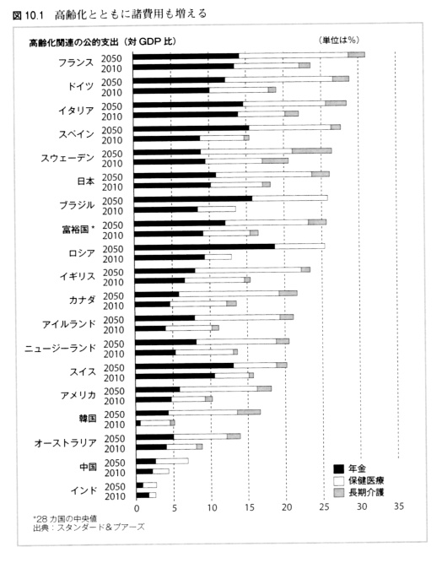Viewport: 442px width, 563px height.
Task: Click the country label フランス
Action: (x=76, y=62)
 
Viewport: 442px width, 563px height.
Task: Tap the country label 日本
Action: (x=86, y=181)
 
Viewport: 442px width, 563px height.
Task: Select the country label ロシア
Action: (x=82, y=253)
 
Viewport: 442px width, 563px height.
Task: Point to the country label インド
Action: (x=84, y=490)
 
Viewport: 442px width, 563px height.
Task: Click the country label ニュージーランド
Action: (x=60, y=349)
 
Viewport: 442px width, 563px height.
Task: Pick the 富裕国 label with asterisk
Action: (x=78, y=230)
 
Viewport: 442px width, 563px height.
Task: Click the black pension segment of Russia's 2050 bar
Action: (x=205, y=246)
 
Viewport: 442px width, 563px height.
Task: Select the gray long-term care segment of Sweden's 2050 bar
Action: (x=311, y=151)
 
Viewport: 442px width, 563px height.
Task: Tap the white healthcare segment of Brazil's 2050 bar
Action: (x=289, y=198)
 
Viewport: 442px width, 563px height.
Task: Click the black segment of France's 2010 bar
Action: (x=183, y=66)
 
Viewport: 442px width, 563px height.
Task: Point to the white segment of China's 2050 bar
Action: (x=172, y=461)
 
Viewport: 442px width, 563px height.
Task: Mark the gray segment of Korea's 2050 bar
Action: (x=249, y=412)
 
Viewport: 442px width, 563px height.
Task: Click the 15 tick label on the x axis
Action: (x=250, y=507)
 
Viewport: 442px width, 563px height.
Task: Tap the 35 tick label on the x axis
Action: (x=399, y=506)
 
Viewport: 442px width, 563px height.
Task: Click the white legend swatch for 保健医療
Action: (x=339, y=481)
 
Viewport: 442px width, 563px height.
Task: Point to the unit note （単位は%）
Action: (x=339, y=40)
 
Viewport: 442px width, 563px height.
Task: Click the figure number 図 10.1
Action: (x=28, y=15)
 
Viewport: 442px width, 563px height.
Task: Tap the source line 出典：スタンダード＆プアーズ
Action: (x=89, y=528)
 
